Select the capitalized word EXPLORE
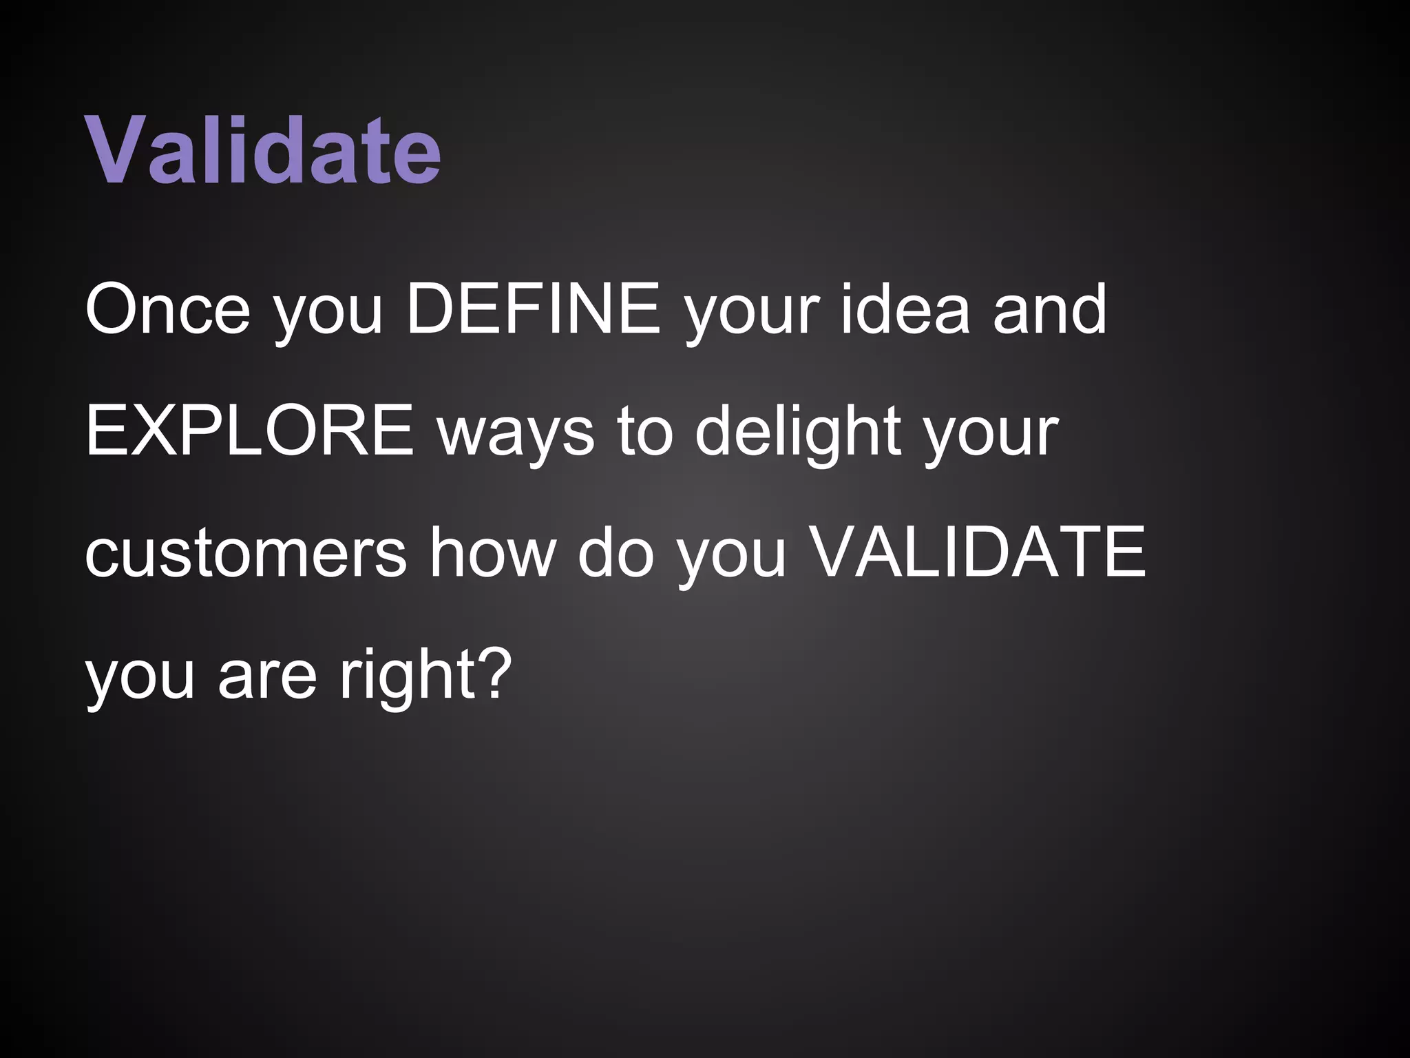point(249,431)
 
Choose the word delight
point(798,431)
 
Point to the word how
point(492,552)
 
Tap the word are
point(267,674)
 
